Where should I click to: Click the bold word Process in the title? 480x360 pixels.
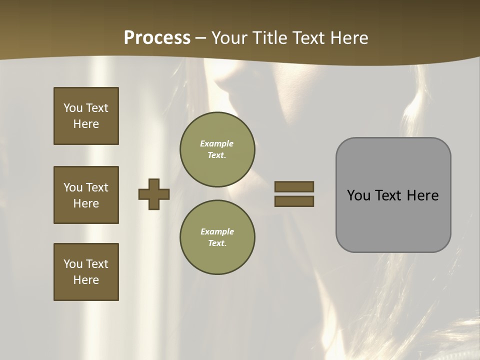tap(157, 38)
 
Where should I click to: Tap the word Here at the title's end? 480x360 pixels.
tap(348, 38)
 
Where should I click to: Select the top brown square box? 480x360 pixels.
tap(86, 116)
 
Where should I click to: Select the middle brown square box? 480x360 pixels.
tap(86, 195)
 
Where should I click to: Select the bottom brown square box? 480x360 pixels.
tap(86, 272)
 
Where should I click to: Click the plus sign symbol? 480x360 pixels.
tap(154, 194)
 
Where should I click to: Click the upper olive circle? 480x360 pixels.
tap(217, 149)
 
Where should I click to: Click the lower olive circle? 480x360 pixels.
tap(217, 237)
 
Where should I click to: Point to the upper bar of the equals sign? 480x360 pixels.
tap(294, 186)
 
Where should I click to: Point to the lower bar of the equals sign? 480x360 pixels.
tap(294, 201)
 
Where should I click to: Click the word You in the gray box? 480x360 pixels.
tap(358, 195)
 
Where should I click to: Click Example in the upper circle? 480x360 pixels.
tap(217, 144)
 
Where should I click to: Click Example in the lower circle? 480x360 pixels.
tap(217, 232)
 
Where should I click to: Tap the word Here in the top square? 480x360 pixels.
tap(86, 124)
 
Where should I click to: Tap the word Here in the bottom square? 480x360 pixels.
tap(86, 280)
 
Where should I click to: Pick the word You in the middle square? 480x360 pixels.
tap(72, 187)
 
